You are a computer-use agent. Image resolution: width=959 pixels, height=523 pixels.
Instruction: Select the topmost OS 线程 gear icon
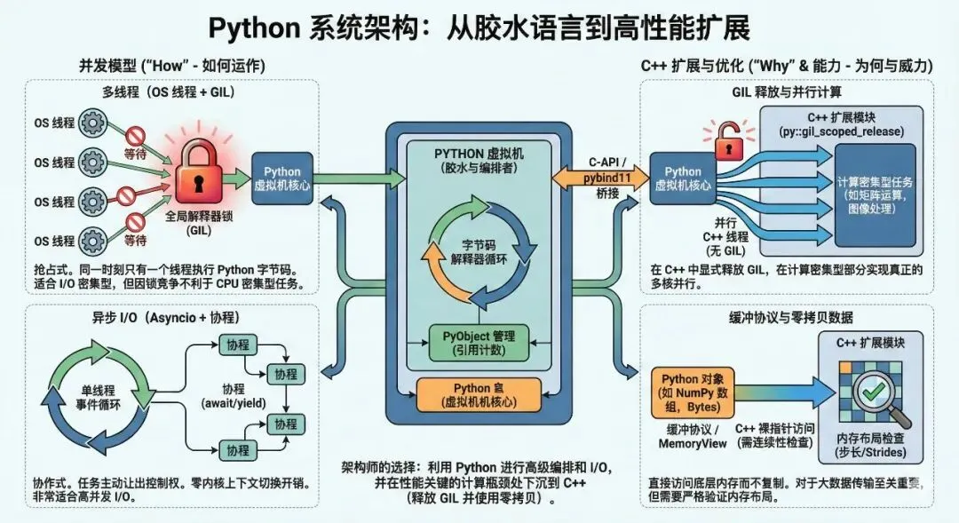[94, 123]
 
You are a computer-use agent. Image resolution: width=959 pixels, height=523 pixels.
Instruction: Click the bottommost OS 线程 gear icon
[94, 240]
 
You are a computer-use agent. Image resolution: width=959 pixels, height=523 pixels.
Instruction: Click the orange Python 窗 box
[479, 394]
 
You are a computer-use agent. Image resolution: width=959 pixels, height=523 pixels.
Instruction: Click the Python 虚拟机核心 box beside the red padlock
[282, 178]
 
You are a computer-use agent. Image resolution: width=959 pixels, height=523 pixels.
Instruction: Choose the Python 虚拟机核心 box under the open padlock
[682, 178]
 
